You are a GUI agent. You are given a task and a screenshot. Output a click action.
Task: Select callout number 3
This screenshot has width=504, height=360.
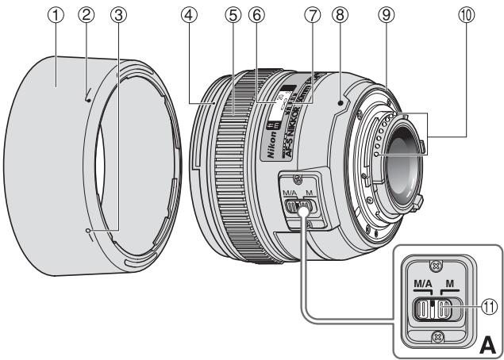[118, 17]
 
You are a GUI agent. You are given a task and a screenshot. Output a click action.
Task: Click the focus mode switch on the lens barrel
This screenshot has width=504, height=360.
[301, 207]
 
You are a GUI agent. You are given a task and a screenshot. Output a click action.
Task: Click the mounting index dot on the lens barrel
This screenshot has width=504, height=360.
[337, 101]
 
